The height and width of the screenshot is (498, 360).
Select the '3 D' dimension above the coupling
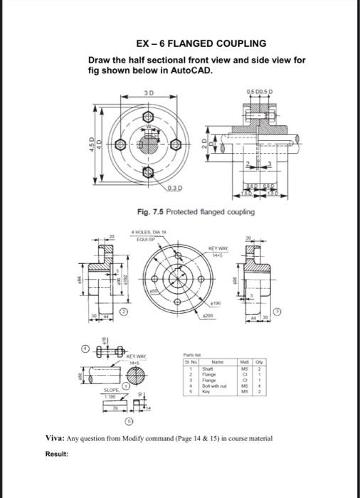148,93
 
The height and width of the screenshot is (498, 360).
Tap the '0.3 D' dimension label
170,188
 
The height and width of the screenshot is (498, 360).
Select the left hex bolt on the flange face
121,144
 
